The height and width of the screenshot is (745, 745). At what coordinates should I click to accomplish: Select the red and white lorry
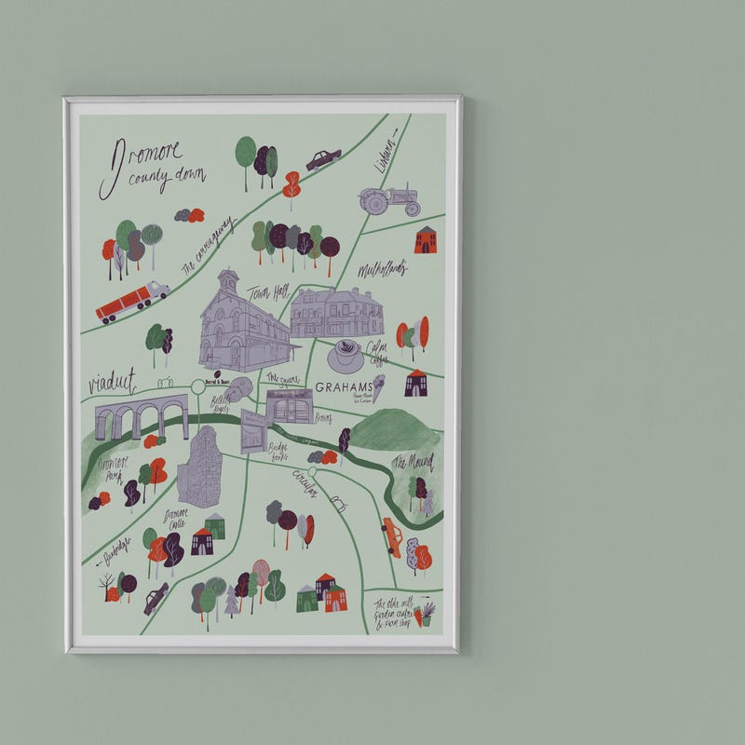130,302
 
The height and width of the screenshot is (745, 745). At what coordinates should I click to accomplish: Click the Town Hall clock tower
229,284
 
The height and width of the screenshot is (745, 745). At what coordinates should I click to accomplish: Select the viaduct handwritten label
113,381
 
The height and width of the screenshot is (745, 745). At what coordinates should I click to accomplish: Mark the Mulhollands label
382,270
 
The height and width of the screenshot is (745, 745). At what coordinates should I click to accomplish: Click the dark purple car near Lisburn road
323,159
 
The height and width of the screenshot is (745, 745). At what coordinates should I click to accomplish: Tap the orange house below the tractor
426,240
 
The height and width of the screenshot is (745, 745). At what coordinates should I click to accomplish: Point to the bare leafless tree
107,586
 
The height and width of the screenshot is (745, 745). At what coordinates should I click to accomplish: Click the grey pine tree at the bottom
231,602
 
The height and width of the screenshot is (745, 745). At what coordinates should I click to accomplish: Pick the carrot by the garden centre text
418,616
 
